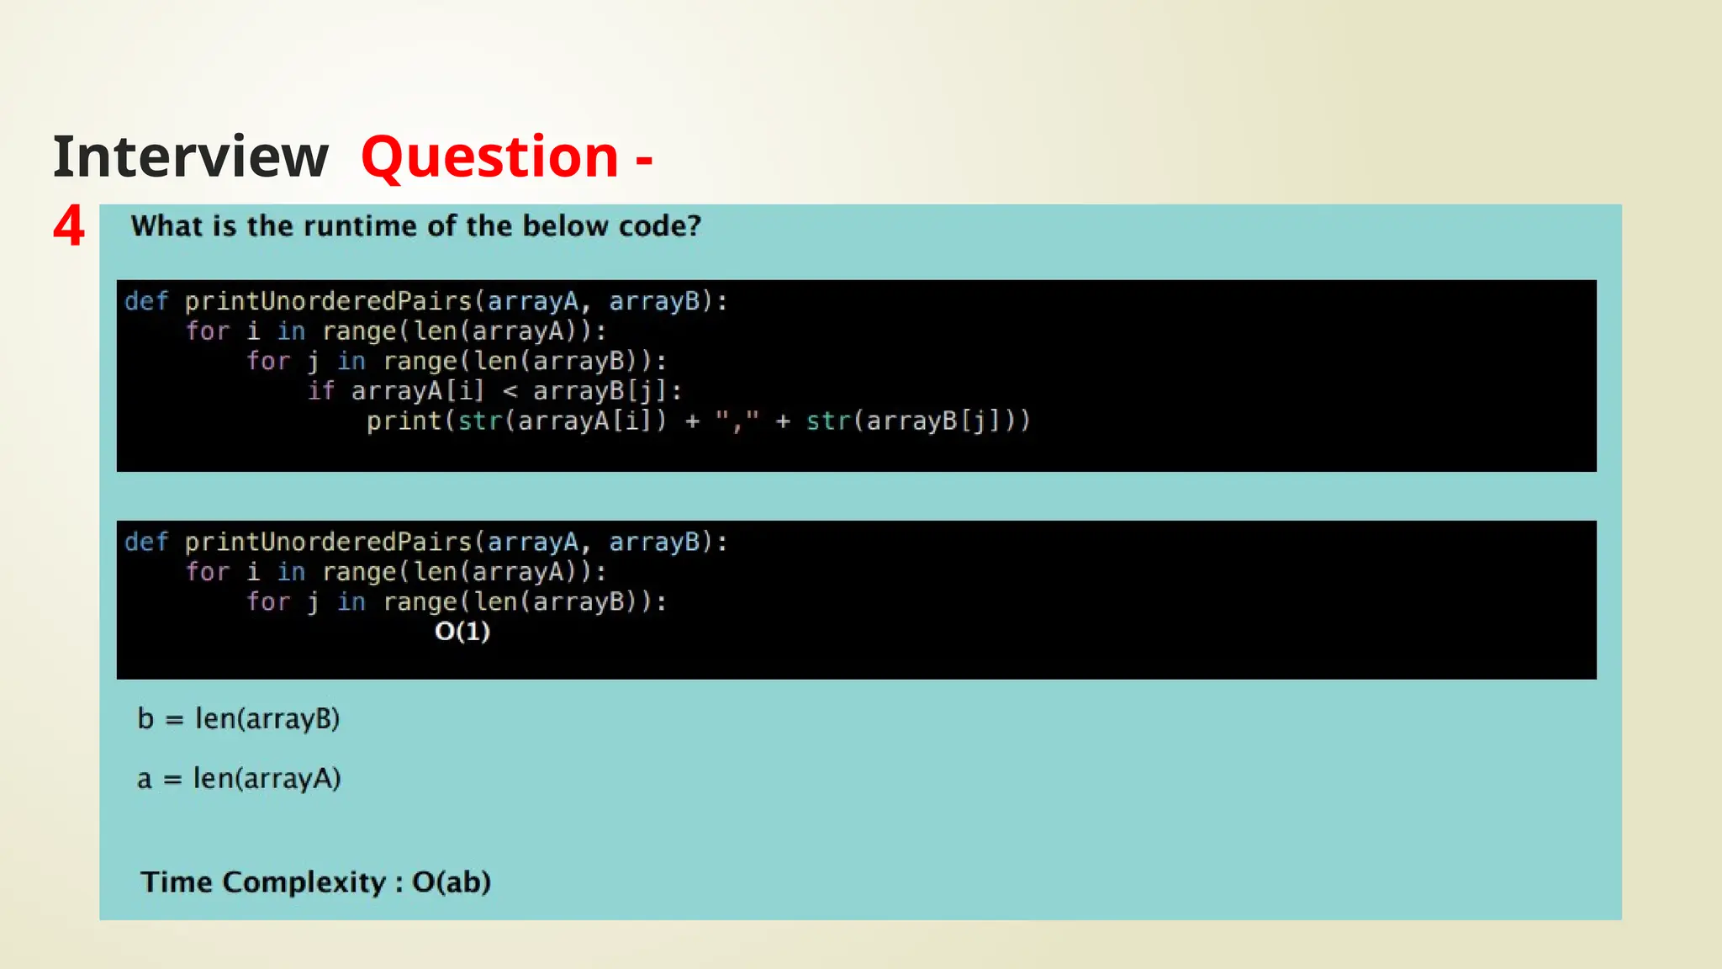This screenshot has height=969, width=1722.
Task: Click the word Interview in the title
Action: point(190,157)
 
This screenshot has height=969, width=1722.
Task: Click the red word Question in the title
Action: point(490,157)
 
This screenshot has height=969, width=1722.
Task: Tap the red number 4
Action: point(69,226)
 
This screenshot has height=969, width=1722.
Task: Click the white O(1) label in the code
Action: point(462,631)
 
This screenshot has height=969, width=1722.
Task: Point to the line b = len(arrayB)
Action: point(239,719)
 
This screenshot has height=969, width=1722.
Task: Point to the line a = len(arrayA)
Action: point(239,779)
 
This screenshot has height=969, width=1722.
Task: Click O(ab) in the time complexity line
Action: point(452,882)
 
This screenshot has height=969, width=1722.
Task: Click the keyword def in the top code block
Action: point(146,301)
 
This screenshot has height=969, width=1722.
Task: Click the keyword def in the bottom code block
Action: point(146,542)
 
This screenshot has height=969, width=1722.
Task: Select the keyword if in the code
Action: point(321,391)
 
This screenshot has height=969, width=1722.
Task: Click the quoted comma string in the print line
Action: point(737,421)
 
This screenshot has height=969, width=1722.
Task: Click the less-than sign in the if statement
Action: point(510,391)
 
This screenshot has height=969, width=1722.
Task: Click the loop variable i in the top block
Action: point(253,331)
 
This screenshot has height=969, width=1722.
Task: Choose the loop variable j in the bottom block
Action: point(313,602)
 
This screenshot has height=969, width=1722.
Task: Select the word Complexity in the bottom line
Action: point(304,882)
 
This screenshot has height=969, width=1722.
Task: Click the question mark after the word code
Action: point(695,226)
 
